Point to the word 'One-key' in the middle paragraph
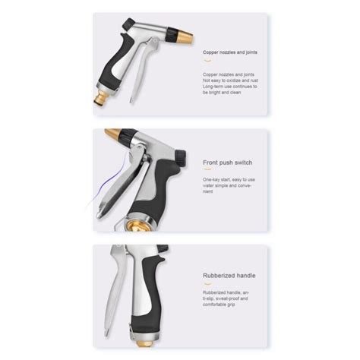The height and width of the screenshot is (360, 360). (212, 179)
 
